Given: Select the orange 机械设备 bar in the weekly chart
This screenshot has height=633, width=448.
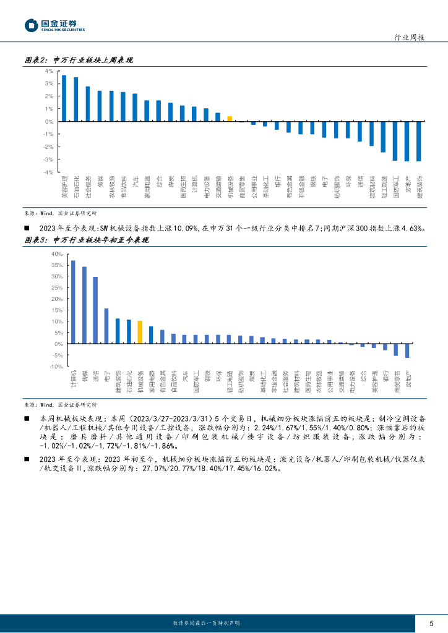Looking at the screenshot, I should (x=230, y=119).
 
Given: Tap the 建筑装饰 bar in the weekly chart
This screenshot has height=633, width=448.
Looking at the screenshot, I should (x=419, y=141).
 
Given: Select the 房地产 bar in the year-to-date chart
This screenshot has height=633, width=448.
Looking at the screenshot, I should (x=407, y=350).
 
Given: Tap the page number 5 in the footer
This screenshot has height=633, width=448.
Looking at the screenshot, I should (x=431, y=623).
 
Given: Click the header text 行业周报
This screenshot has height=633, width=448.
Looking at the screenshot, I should (x=409, y=38).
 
